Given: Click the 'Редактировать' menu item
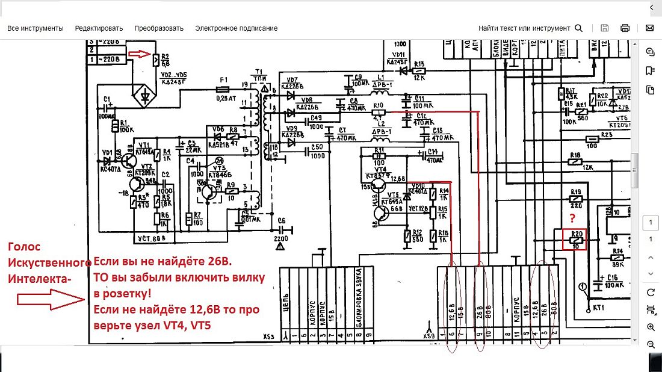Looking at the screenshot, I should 99,28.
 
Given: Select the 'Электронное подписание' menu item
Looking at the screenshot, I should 236,28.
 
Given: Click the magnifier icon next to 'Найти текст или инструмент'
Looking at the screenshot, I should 579,28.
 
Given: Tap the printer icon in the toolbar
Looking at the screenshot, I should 625,28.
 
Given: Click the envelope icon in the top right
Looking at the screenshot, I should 650,28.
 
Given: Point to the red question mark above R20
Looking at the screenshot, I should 574,217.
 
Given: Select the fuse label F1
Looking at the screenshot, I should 224,79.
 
